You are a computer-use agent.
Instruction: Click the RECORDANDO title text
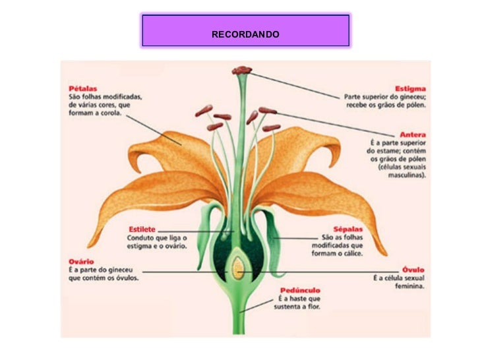pyautogui.click(x=245, y=34)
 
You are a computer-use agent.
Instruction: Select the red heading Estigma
pyautogui.click(x=409, y=88)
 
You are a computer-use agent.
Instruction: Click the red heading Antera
pyautogui.click(x=413, y=134)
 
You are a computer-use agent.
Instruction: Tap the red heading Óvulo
pyautogui.click(x=413, y=269)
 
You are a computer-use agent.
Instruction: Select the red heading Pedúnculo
pyautogui.click(x=296, y=289)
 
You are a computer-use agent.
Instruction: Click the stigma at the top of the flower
pyautogui.click(x=242, y=69)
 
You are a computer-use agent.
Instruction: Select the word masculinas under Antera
pyautogui.click(x=406, y=176)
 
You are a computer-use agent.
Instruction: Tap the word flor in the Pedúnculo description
pyautogui.click(x=313, y=307)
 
